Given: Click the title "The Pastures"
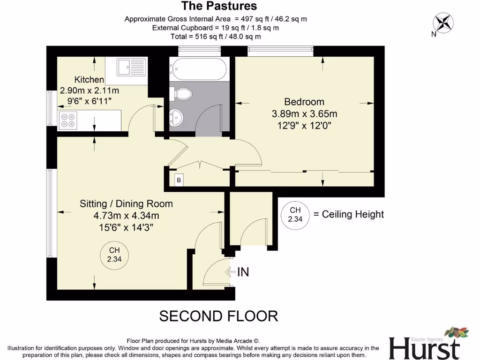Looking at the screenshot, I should click(219, 6).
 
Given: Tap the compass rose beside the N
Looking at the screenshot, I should click(443, 22).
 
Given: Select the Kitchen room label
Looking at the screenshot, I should click(89, 80).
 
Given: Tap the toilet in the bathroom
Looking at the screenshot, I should click(181, 94).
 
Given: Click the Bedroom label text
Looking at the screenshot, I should click(304, 102).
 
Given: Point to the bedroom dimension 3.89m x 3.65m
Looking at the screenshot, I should click(304, 114).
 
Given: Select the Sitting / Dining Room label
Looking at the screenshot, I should click(126, 203).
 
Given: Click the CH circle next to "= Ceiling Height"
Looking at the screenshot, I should click(295, 214).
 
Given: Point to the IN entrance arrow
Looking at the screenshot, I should click(237, 271).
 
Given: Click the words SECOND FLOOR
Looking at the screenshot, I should click(218, 316).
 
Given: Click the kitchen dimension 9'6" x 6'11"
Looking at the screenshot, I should click(89, 101).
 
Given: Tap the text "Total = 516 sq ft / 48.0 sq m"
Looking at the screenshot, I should click(216, 36).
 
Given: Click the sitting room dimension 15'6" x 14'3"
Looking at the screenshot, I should click(126, 227).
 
